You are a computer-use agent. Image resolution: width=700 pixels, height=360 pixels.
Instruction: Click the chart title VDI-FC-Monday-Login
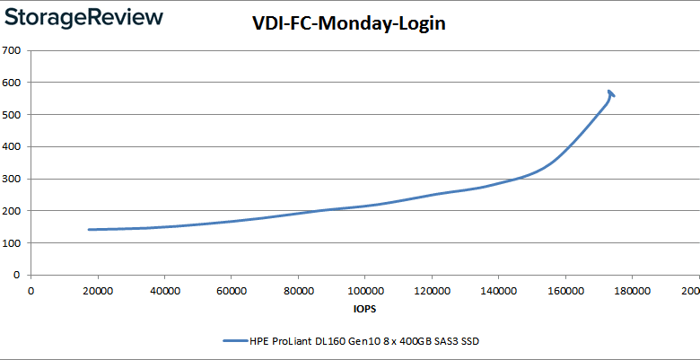[349, 25]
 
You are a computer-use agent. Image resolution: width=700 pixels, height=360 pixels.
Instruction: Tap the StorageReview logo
[83, 17]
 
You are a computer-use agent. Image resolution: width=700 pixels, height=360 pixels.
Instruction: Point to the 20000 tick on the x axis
[97, 290]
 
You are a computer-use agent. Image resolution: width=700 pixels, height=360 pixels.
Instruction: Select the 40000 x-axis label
[164, 290]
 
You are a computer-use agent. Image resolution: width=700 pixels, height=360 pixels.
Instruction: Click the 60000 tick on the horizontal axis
[231, 290]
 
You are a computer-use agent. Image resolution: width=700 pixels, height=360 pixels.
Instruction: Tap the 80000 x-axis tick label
[298, 290]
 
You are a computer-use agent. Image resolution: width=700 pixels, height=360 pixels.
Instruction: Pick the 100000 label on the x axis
[364, 290]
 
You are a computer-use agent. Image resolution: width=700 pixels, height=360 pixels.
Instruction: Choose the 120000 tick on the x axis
[431, 290]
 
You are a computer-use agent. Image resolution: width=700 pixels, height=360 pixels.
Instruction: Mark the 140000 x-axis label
[498, 290]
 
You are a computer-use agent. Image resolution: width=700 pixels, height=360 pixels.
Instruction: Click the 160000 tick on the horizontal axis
[564, 290]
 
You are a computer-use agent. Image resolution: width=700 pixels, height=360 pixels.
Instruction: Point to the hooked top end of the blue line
[610, 92]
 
